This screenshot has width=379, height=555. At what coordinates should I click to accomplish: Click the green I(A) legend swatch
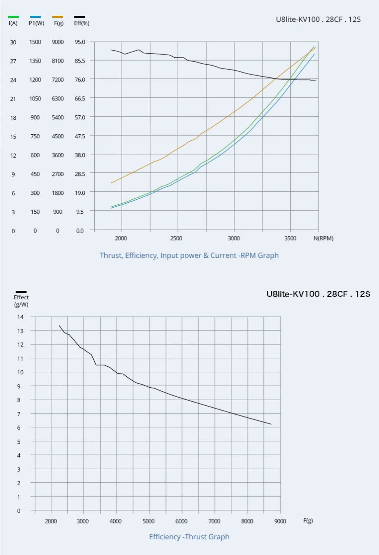(13, 17)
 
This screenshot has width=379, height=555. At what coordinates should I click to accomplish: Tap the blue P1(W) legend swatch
(35, 17)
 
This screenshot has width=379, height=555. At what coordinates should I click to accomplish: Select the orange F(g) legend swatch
(58, 17)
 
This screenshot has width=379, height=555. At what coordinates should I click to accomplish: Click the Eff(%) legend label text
(81, 23)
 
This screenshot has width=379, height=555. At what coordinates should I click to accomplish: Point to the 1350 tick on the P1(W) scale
(35, 61)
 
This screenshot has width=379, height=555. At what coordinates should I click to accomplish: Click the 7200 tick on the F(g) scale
(58, 80)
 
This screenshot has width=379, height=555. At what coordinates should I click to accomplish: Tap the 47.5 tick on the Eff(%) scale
(80, 136)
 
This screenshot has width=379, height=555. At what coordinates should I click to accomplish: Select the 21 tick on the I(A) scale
(13, 99)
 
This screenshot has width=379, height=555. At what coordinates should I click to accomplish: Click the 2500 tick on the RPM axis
(176, 238)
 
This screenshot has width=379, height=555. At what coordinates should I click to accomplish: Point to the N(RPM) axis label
(323, 238)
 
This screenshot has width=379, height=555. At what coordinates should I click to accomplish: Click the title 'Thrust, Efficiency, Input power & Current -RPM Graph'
(189, 255)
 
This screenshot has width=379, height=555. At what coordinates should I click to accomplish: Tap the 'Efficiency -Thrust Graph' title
(189, 537)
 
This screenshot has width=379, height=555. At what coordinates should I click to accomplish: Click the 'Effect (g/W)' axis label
(21, 301)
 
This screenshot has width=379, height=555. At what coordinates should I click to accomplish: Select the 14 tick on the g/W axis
(20, 317)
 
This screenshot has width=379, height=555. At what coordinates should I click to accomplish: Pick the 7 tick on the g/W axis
(19, 414)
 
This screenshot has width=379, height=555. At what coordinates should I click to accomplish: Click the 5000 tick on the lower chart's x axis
(148, 521)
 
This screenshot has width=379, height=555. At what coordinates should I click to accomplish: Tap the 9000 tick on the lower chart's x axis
(280, 521)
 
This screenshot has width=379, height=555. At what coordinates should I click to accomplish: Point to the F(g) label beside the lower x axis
(308, 520)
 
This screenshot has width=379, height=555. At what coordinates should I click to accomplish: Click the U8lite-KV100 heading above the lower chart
(318, 294)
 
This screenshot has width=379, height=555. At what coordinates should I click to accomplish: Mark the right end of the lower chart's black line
(271, 424)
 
